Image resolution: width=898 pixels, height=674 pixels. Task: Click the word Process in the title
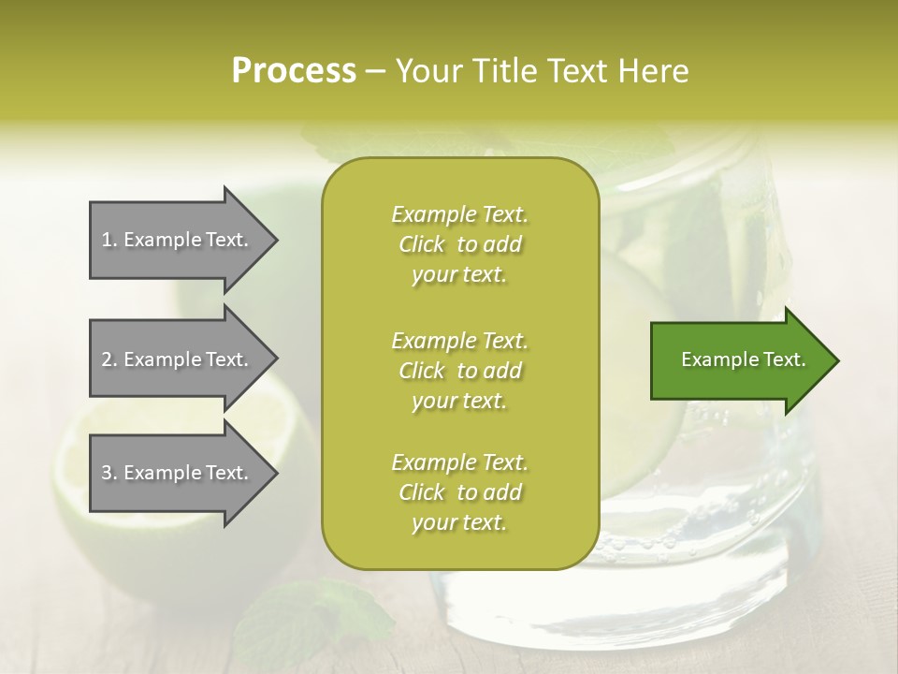point(294,71)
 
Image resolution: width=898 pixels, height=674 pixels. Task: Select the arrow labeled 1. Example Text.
point(178,240)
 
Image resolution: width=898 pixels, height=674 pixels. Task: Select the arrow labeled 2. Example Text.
point(178,359)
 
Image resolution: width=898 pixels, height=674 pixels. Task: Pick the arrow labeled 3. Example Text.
point(178,473)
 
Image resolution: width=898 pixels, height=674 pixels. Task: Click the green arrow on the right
point(739,360)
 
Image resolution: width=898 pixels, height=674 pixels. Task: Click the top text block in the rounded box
point(459,244)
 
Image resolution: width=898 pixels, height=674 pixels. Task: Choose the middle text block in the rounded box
point(459,370)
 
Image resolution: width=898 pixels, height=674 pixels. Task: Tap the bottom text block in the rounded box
point(459,492)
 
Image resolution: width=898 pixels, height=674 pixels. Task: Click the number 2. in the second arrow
point(109,359)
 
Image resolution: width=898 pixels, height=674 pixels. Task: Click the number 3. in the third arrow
point(109,473)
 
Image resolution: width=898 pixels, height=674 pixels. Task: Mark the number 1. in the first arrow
point(109,240)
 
